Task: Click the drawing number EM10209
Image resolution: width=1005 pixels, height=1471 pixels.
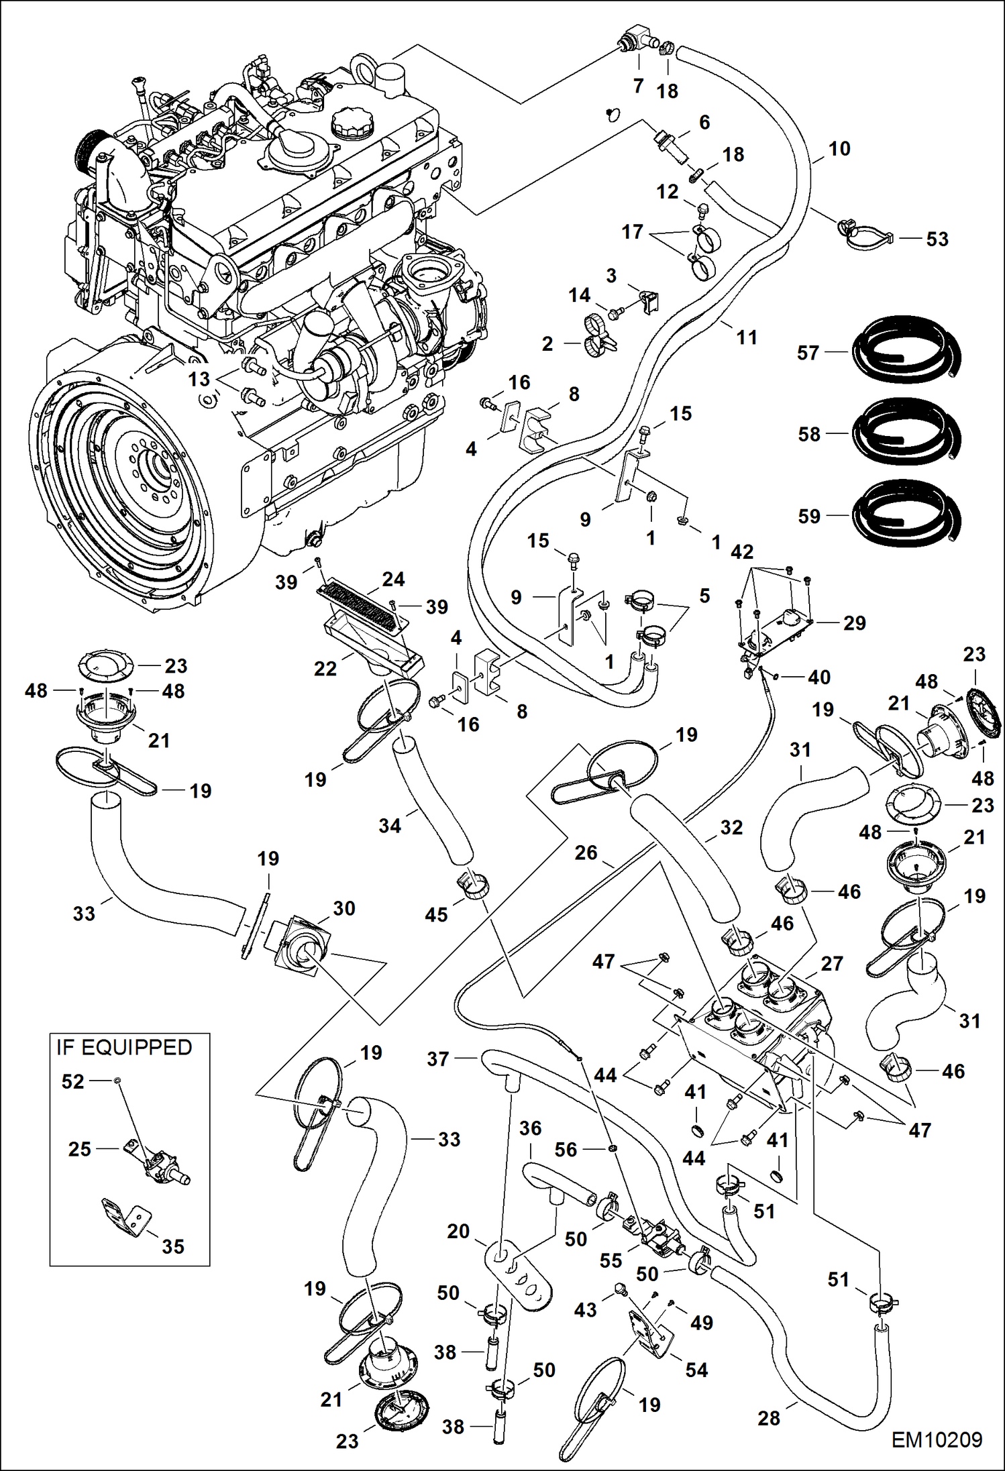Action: pos(937,1440)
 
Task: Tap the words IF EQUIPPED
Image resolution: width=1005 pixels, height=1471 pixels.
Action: pos(124,1047)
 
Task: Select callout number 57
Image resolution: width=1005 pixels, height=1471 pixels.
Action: pos(808,353)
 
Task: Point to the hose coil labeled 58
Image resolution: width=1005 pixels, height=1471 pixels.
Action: pos(906,433)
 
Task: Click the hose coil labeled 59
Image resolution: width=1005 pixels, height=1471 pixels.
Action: pos(906,514)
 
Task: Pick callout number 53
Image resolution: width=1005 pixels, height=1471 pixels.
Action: pos(937,239)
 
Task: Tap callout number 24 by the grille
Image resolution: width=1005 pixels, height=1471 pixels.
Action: pos(393,579)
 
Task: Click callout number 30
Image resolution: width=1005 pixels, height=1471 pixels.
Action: pos(343,908)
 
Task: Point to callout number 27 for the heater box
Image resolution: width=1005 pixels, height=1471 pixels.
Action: pos(831,963)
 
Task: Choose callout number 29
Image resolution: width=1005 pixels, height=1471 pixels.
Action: pos(854,622)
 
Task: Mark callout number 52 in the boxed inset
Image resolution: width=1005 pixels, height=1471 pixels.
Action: pos(72,1081)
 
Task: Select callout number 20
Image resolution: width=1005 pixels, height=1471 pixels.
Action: pos(458,1231)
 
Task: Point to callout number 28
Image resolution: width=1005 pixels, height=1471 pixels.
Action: pos(769,1418)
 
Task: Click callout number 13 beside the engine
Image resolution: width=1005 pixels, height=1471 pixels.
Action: pos(199,379)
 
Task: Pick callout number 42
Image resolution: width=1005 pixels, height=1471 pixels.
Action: pos(742,551)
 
